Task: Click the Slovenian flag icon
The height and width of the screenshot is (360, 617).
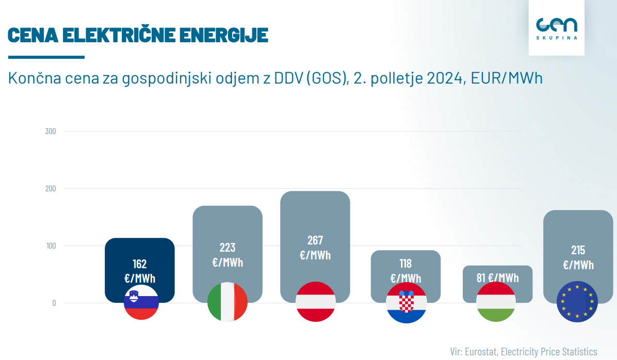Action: (x=141, y=303)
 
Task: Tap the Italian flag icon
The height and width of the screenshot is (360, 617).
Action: (x=228, y=302)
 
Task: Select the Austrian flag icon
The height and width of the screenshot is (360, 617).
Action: (x=316, y=302)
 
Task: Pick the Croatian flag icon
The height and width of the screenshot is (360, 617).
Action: (x=406, y=303)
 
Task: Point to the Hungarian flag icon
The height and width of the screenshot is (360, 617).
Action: (x=496, y=302)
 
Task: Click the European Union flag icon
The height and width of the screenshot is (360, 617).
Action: (x=577, y=302)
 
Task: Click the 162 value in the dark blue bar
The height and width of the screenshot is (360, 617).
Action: (x=140, y=264)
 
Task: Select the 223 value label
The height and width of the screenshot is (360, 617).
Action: (x=228, y=248)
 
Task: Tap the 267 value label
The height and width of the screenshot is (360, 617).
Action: (x=315, y=240)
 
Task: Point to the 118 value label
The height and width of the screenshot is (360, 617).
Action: (x=405, y=264)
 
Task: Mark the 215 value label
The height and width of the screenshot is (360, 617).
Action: (x=578, y=250)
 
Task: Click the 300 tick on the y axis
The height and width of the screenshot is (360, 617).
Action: (x=51, y=132)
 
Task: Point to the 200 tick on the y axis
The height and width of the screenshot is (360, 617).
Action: (x=51, y=189)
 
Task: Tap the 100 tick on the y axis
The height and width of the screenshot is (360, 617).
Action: (x=51, y=246)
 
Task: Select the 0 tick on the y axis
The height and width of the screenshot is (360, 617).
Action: (x=54, y=303)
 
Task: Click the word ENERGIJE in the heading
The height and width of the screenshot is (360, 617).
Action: (x=223, y=35)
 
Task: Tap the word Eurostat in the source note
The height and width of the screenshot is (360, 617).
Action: (x=482, y=352)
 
